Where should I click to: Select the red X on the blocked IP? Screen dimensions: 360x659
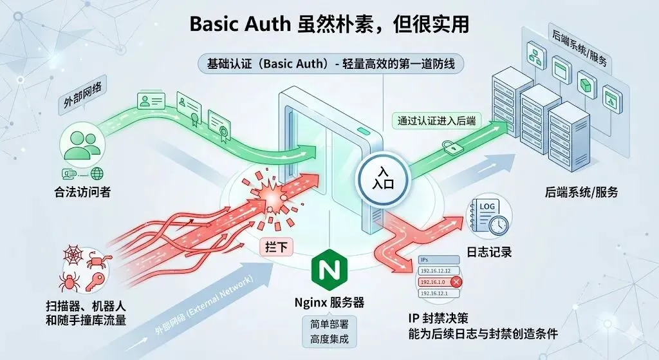(456, 281)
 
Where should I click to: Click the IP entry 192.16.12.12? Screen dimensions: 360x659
(435, 270)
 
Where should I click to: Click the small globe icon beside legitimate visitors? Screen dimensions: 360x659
(97, 173)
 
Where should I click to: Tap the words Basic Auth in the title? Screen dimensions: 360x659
(237, 24)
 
